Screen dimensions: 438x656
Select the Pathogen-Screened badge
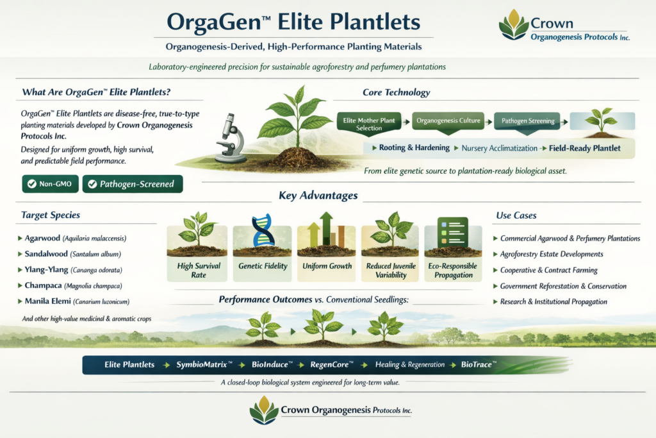pos(133,184)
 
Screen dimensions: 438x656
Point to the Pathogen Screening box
pos(528,121)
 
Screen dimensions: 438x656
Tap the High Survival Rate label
pos(199,269)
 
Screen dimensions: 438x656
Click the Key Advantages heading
pos(318,196)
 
